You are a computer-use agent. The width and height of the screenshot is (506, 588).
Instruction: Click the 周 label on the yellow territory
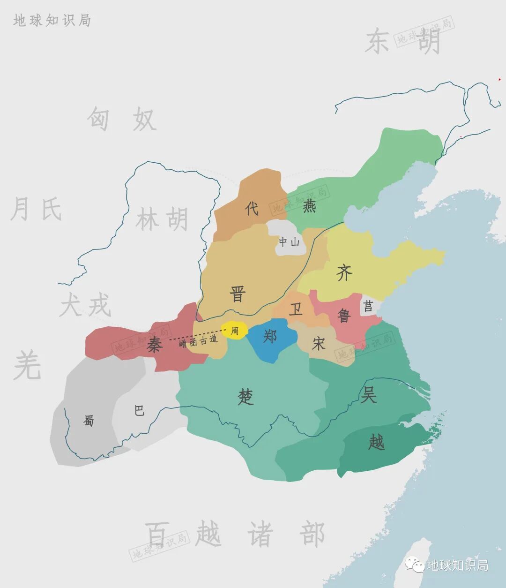(x=235, y=331)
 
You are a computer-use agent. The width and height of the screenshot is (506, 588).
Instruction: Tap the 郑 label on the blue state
(x=270, y=336)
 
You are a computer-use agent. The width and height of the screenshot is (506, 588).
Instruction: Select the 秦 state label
(x=154, y=345)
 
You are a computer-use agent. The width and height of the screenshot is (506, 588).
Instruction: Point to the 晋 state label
(x=238, y=294)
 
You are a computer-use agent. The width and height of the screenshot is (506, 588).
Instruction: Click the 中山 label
(x=289, y=242)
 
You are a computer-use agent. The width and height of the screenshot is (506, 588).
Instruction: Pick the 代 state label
(x=252, y=208)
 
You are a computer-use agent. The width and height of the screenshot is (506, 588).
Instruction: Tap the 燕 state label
(x=309, y=206)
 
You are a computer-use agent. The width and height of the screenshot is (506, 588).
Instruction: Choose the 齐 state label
(x=344, y=272)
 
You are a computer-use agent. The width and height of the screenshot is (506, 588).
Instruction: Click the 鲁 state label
(x=344, y=316)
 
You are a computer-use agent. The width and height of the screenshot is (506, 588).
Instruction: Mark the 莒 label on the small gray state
(x=368, y=307)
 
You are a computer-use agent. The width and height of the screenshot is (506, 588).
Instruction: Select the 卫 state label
(x=296, y=309)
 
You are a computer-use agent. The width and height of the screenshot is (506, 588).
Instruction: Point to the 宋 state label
(x=319, y=344)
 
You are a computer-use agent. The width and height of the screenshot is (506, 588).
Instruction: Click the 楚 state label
(x=246, y=398)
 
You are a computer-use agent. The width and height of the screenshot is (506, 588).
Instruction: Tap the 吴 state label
(x=368, y=395)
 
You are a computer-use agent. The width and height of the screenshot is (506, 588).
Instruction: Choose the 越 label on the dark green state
(x=376, y=442)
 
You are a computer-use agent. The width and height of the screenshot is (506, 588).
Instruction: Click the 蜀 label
(x=89, y=421)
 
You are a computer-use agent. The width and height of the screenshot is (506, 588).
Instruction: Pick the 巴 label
(x=139, y=411)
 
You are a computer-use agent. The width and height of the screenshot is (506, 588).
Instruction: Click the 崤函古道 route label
(x=198, y=341)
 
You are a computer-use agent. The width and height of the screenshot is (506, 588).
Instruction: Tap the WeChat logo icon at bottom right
(x=415, y=565)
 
